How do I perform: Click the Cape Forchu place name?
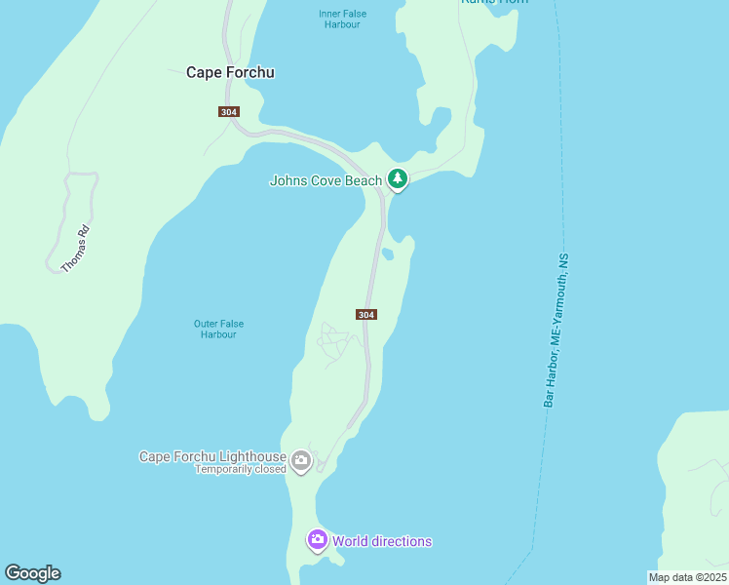(230, 72)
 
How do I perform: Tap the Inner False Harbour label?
(339, 19)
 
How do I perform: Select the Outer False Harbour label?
(218, 330)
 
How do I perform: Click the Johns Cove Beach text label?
(326, 180)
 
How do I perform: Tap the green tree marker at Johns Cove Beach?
(397, 178)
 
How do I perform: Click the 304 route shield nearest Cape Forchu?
(229, 112)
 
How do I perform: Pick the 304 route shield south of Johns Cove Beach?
(365, 314)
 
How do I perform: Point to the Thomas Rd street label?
(75, 249)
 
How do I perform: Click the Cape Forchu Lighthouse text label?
(212, 456)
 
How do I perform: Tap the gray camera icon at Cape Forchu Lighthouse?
(301, 460)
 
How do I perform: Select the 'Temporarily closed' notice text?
(240, 469)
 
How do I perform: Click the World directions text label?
(381, 541)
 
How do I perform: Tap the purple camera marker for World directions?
(317, 539)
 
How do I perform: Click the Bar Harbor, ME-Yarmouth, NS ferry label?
(556, 331)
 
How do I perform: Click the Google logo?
(32, 573)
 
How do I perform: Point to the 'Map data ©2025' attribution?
(687, 577)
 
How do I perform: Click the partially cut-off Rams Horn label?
(494, 2)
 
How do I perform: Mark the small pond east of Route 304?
(388, 254)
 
